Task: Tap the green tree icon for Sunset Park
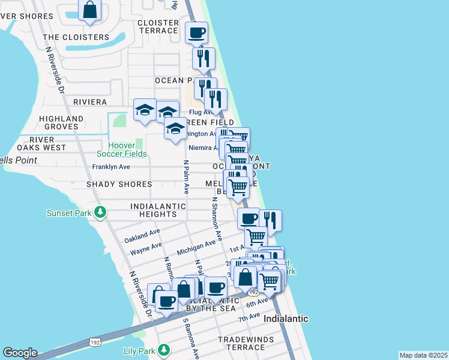click(x=101, y=212)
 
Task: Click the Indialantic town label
click(x=286, y=319)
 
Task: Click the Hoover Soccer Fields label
click(x=127, y=149)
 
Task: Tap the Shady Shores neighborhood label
click(x=119, y=184)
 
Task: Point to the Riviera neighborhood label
click(x=90, y=102)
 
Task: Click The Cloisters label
click(x=77, y=37)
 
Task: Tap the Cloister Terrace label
click(x=158, y=26)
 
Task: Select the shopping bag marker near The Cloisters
click(x=90, y=10)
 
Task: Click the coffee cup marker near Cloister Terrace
click(x=196, y=32)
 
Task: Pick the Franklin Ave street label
click(x=111, y=167)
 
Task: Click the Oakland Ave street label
click(x=142, y=235)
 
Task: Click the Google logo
click(x=20, y=353)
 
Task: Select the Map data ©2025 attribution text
click(x=423, y=355)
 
